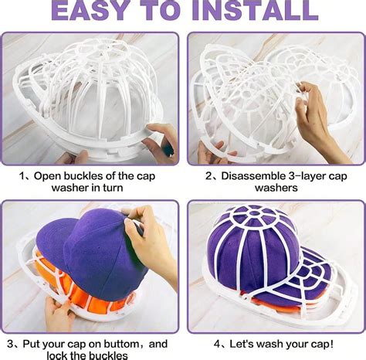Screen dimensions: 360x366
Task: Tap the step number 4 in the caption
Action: [219, 341]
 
